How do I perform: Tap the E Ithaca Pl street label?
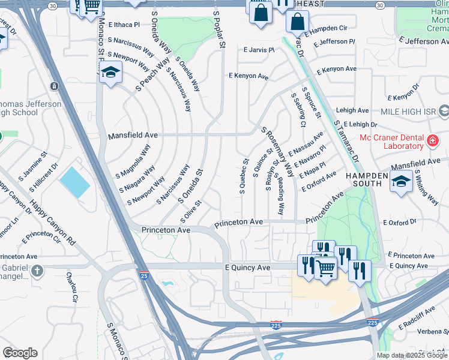[123, 25]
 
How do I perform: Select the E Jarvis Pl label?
[258, 50]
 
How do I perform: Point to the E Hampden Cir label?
[327, 28]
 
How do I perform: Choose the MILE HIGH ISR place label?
[409, 112]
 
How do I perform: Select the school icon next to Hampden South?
[400, 181]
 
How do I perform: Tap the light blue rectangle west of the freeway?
[75, 182]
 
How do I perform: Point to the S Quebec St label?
[244, 176]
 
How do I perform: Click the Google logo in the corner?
[20, 353]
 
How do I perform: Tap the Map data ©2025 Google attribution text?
[412, 355]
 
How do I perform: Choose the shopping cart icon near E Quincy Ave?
[326, 268]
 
